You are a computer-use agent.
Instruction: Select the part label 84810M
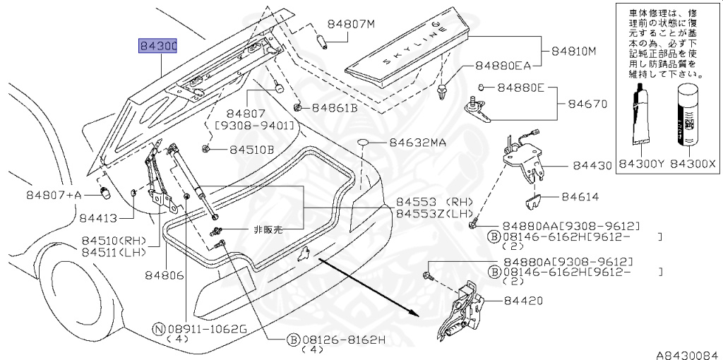click(x=574, y=52)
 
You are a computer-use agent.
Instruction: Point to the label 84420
click(x=523, y=301)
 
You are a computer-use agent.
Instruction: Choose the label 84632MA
click(x=417, y=143)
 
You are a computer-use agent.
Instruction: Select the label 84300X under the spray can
click(x=693, y=164)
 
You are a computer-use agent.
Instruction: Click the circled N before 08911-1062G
click(x=158, y=328)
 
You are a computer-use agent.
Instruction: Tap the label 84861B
click(x=335, y=108)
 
